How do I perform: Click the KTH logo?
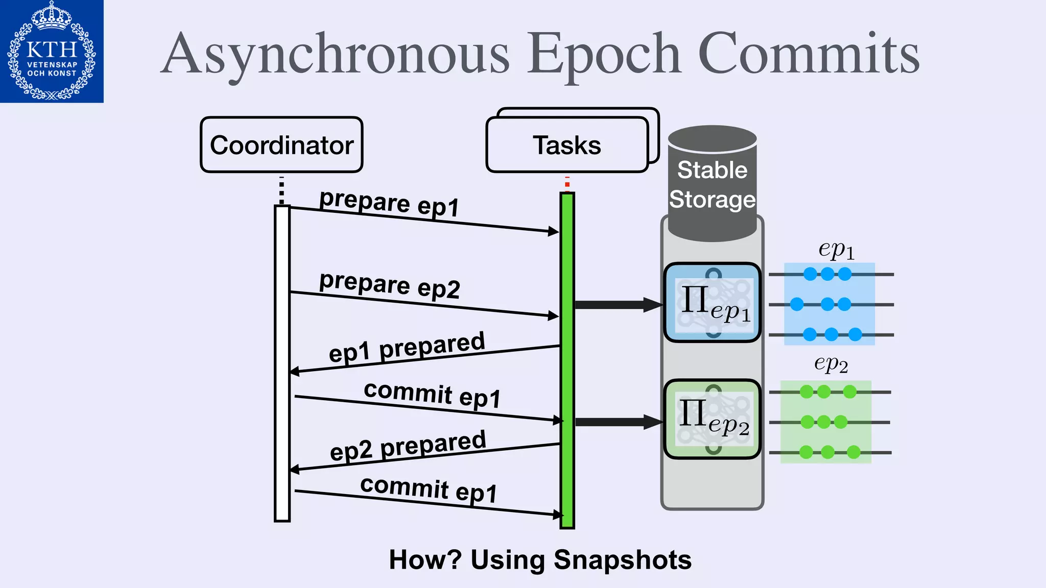click(x=52, y=51)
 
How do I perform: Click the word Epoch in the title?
click(x=604, y=54)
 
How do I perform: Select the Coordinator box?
click(x=281, y=145)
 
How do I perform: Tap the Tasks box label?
click(x=567, y=145)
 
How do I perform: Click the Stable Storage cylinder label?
click(x=712, y=185)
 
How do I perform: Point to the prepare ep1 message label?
click(x=389, y=203)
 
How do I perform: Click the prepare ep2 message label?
click(x=389, y=284)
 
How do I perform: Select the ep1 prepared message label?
click(x=407, y=347)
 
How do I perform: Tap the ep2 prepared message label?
click(x=408, y=445)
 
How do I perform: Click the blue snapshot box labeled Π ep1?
click(x=712, y=303)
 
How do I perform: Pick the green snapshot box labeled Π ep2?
click(x=712, y=419)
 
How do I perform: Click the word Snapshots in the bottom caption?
click(x=623, y=560)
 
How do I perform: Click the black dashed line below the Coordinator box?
click(x=281, y=191)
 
